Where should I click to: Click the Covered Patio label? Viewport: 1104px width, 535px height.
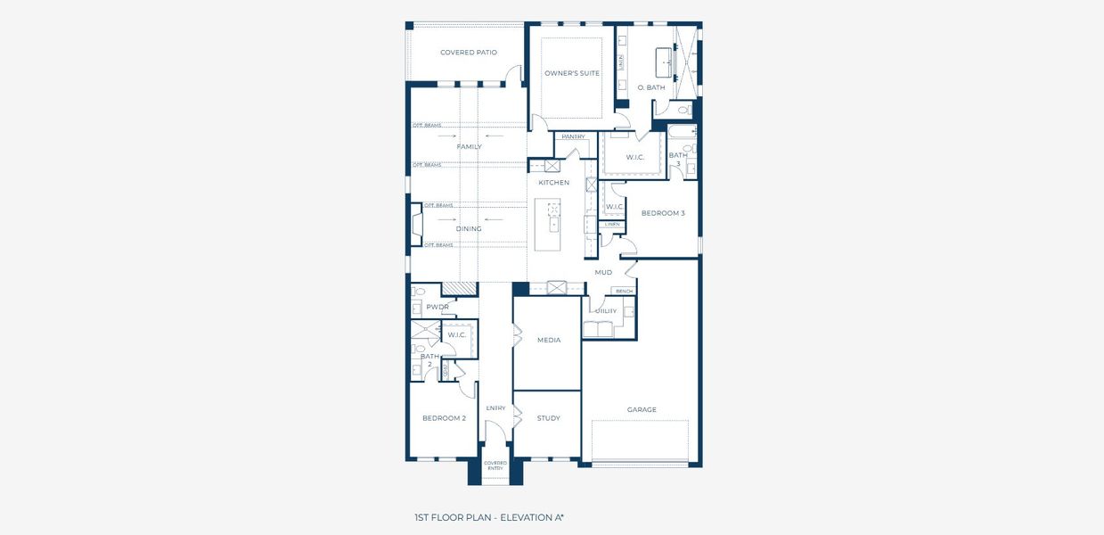[x=468, y=53]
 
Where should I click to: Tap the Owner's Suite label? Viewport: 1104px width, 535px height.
[x=572, y=73]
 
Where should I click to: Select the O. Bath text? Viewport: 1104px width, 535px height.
[x=651, y=87]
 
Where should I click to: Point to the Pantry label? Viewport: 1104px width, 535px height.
[x=573, y=136]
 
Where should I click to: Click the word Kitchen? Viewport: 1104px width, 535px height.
[x=553, y=183]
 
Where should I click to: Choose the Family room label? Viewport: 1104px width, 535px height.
[x=469, y=146]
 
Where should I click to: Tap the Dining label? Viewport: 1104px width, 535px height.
[x=469, y=229]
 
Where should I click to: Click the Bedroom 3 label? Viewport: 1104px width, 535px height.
[x=663, y=213]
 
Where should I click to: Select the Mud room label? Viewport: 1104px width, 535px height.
[x=603, y=272]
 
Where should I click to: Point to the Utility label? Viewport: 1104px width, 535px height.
[x=606, y=311]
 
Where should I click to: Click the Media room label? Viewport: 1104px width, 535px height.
[x=549, y=340]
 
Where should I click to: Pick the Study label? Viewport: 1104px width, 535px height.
[x=549, y=418]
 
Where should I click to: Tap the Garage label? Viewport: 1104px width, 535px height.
[x=642, y=410]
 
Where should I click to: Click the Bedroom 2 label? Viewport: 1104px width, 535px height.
[x=444, y=418]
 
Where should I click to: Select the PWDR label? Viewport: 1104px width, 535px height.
[x=437, y=307]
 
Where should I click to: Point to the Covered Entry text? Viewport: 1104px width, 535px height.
[x=495, y=465]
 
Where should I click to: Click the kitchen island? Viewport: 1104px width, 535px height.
[x=549, y=227]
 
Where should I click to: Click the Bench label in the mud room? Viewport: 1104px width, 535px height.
[x=624, y=292]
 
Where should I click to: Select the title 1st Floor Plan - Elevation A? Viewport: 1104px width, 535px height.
[x=489, y=517]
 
